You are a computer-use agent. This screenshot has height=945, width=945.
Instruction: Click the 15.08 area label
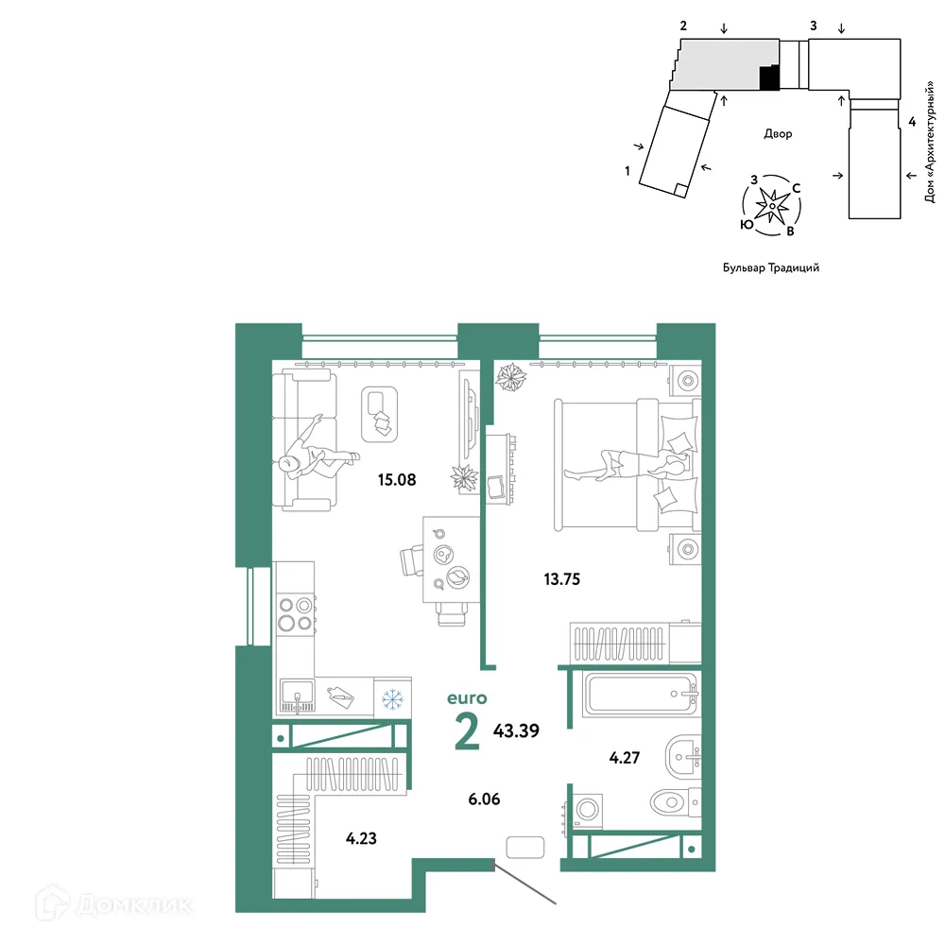(x=397, y=480)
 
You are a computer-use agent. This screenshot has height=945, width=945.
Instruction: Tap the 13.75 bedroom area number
(x=561, y=579)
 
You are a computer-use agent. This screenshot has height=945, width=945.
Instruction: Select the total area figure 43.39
(x=516, y=730)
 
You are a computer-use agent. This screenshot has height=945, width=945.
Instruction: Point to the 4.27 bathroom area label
(x=625, y=758)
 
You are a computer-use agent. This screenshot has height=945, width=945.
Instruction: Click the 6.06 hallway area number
(x=484, y=799)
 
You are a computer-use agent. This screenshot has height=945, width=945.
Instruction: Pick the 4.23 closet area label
(x=361, y=838)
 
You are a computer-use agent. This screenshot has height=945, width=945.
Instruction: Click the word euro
(x=467, y=698)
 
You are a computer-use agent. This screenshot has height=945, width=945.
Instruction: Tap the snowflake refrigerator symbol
(x=392, y=699)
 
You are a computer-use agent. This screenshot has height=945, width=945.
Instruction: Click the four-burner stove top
(x=295, y=614)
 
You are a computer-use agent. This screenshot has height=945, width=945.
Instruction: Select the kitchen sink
(x=297, y=696)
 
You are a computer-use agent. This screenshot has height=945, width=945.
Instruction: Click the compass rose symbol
(x=772, y=206)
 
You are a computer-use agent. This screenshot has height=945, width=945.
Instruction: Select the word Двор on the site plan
(x=778, y=134)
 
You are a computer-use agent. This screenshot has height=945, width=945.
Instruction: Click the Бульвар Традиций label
(x=771, y=267)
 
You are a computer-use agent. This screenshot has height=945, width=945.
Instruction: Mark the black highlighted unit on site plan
(x=769, y=77)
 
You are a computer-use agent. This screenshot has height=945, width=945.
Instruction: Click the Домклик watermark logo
(x=113, y=904)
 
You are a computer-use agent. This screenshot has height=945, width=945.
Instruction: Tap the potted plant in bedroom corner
(x=510, y=377)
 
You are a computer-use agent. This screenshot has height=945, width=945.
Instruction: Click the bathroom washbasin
(x=683, y=754)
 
